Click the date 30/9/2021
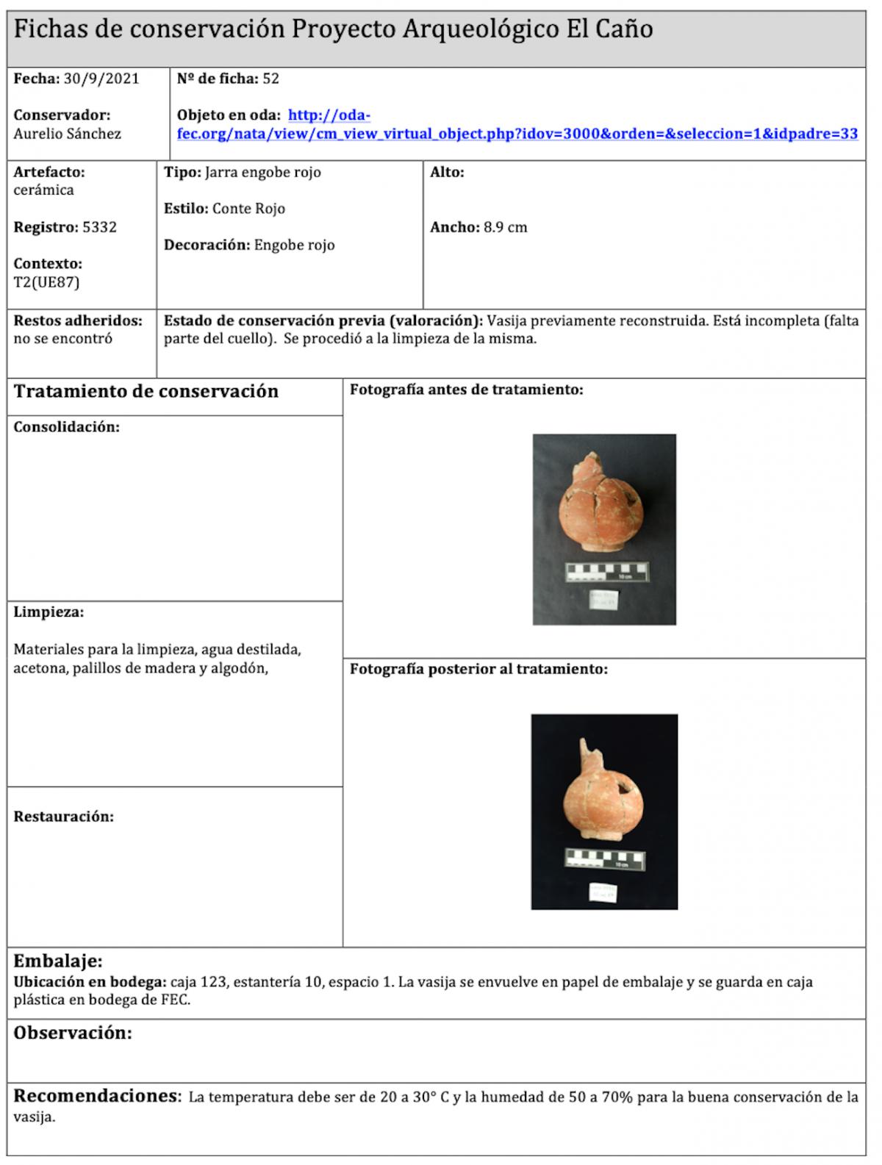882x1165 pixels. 101,79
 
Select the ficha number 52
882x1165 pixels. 270,79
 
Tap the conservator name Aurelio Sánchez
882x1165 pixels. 67,134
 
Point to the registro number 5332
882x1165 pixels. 99,227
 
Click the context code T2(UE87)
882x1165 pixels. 46,282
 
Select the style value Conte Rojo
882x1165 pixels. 248,209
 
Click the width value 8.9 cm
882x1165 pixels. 505,227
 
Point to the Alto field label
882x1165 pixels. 447,173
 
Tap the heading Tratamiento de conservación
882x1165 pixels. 146,391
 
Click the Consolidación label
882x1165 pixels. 66,427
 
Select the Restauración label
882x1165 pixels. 63,817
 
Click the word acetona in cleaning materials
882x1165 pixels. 38,669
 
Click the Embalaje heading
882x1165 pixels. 58,961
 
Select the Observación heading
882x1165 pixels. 73,1033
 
